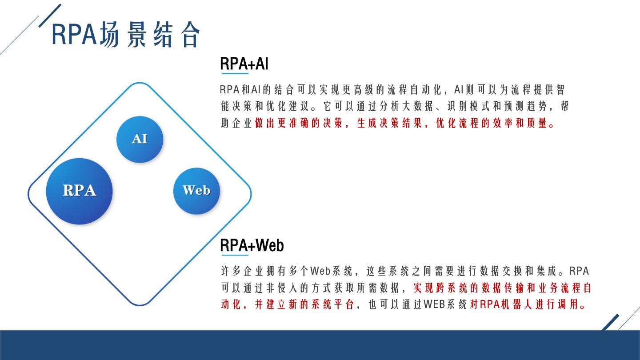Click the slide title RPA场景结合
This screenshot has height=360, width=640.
tap(126, 35)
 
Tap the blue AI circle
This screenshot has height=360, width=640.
tap(140, 140)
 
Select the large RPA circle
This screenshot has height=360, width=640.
tap(80, 191)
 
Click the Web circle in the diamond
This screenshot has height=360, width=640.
tap(196, 191)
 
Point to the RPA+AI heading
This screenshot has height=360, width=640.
tap(244, 64)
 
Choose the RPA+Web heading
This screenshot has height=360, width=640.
tap(252, 245)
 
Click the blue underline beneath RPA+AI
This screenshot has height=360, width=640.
tap(235, 73)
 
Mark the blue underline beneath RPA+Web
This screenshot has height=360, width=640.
tap(235, 255)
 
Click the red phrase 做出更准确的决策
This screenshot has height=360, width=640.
tap(298, 123)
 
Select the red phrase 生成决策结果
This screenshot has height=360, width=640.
tap(389, 123)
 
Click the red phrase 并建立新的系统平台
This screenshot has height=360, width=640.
tap(304, 304)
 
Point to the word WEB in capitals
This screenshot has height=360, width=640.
tap(434, 304)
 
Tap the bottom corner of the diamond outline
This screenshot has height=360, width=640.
tap(140, 305)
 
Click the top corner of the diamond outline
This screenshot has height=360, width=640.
tap(140, 83)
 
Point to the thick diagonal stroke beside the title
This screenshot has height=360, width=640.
tap(50, 16)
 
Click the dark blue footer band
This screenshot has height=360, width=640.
tap(320, 345)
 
